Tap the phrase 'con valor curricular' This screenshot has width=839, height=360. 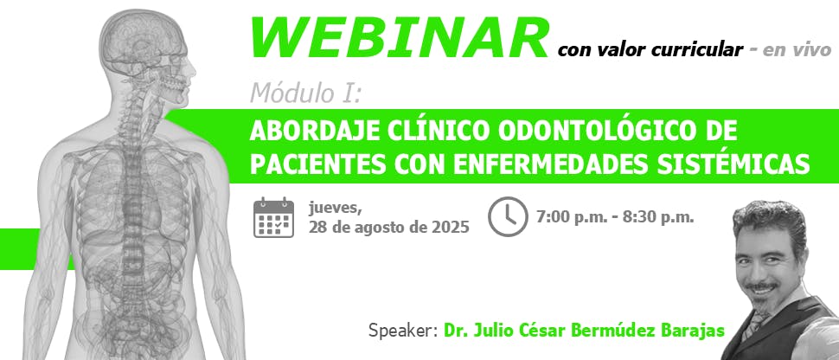pyautogui.click(x=650, y=50)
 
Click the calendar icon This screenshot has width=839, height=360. pyautogui.click(x=274, y=217)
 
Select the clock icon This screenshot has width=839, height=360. pyautogui.click(x=508, y=216)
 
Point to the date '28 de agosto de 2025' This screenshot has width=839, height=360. pyautogui.click(x=388, y=228)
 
